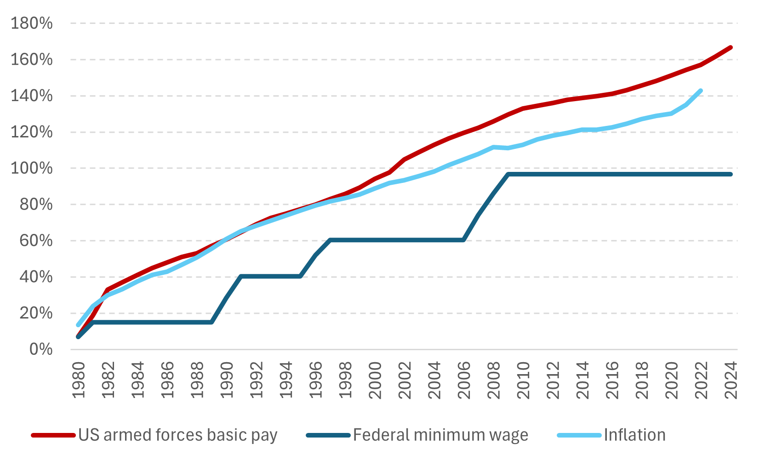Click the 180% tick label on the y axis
coord(32,23)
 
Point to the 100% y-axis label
coord(32,168)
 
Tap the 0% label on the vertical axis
coord(41,349)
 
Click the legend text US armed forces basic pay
coord(178,435)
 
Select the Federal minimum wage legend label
coord(440,435)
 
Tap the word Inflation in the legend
coord(634,435)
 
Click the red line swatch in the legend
coord(53,435)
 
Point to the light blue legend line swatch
coord(579,435)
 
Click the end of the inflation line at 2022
coord(701,91)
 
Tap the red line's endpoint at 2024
coord(730,47)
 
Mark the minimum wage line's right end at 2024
coord(730,174)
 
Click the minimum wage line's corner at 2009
coord(508,174)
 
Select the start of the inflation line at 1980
coord(78,325)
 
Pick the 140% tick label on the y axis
coord(32,96)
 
